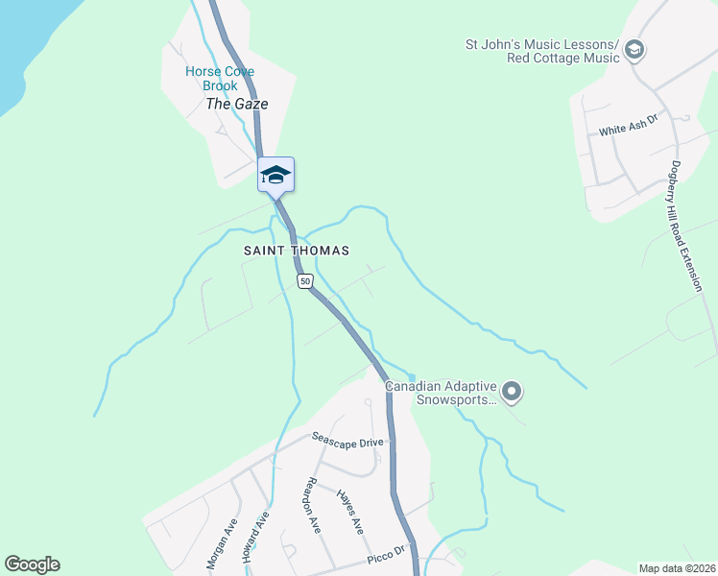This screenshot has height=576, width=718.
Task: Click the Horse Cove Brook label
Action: pos(212,79)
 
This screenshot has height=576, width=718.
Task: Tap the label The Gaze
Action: pos(237,104)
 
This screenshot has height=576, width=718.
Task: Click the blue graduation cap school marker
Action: pos(275,174)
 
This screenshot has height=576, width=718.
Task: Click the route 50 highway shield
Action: pos(305,281)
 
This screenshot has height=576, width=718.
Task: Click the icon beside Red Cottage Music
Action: pos(634,51)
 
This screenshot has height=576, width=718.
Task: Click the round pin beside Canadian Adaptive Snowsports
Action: pos(512,391)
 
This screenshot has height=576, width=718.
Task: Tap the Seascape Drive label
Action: pos(347,440)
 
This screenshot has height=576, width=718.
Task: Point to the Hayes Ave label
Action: pos(350,511)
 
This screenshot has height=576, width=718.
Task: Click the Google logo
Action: pos(32,564)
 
